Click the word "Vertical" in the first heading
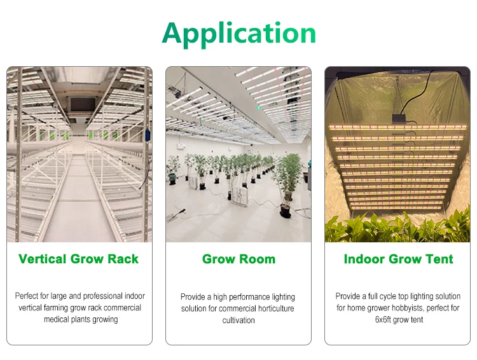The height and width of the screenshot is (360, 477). click(43, 259)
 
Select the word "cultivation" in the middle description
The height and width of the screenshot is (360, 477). click(238, 320)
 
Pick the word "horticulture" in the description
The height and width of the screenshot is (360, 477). click(275, 308)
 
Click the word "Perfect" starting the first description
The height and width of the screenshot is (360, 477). click(27, 296)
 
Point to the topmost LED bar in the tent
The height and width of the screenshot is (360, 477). click(397, 127)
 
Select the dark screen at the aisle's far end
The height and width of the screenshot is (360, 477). click(79, 105)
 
